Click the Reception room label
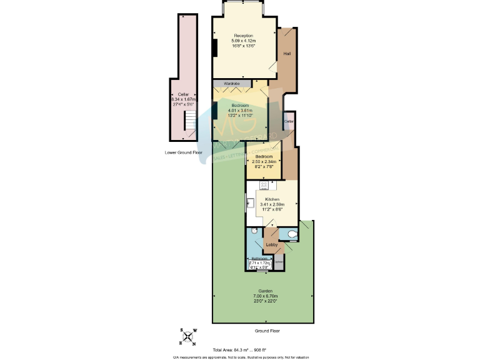pyautogui.click(x=244, y=36)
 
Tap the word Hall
pyautogui.click(x=287, y=54)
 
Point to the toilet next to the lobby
pyautogui.click(x=291, y=235)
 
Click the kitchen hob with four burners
pyautogui.click(x=264, y=185)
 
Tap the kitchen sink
pyautogui.click(x=249, y=202)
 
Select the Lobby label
pyautogui.click(x=272, y=245)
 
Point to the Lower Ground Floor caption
pyautogui.click(x=184, y=152)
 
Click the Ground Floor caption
pyautogui.click(x=266, y=329)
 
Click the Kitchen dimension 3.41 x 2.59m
pyautogui.click(x=272, y=204)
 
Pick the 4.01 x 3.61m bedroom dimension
pyautogui.click(x=239, y=111)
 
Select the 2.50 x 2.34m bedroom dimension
pyautogui.click(x=263, y=162)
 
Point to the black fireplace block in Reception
pyautogui.click(x=214, y=47)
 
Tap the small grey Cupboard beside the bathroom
pyautogui.click(x=279, y=261)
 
